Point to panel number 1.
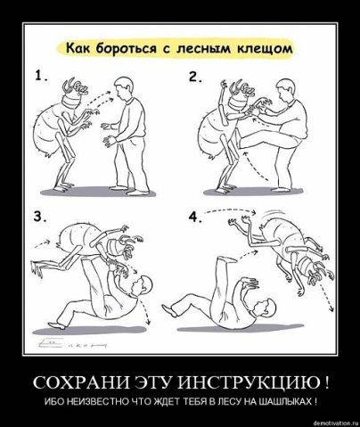pos(41,77)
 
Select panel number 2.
pos(195,77)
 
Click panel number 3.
pos(40,217)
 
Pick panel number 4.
pos(196,217)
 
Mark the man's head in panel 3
pos(143,286)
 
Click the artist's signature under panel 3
pos(72,344)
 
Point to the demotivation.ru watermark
pos(336,423)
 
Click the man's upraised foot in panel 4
pos(226,260)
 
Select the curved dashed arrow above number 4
pos(231,210)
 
